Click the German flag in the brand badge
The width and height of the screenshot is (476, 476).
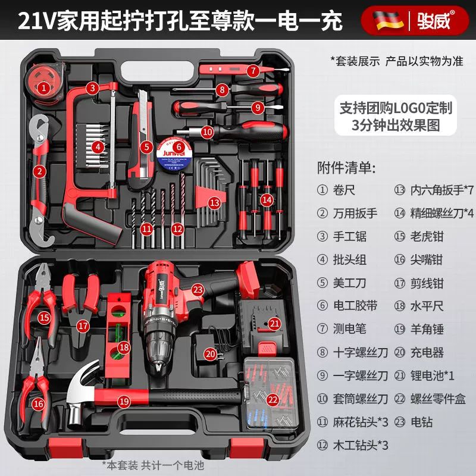coord(388,21)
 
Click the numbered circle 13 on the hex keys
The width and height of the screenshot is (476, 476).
coord(215,202)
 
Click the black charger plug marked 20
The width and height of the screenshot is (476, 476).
coord(210,349)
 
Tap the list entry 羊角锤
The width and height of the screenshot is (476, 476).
coord(427,329)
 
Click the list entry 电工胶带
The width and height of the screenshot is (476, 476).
coord(355,306)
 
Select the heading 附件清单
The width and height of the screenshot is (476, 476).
coord(347,168)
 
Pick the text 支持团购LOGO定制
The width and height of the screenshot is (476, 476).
coord(396,108)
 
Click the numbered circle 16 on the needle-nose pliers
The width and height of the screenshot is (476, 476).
coord(39,404)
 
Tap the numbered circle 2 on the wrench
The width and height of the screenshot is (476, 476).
coord(39,171)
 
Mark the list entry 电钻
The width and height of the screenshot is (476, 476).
coord(421,422)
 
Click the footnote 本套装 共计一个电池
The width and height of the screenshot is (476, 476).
coord(153,465)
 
